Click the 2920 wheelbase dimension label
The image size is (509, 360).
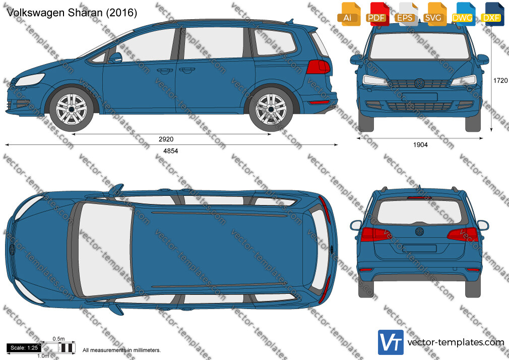[x=166, y=139]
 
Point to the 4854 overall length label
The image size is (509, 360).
[x=170, y=151]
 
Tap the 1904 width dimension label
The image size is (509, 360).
[x=420, y=145]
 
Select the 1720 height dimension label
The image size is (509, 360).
[x=500, y=80]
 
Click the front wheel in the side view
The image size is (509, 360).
[x=72, y=109]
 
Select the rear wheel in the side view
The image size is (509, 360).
[x=271, y=109]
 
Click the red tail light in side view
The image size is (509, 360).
[x=318, y=67]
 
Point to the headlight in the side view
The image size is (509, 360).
[x=30, y=79]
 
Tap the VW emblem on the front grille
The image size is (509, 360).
[x=419, y=83]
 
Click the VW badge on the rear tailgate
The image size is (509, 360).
[x=419, y=231]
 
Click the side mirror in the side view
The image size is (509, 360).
[x=115, y=57]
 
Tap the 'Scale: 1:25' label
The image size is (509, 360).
[x=24, y=348]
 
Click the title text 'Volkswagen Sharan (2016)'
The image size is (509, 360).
[x=72, y=13]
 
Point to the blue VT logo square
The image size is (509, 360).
[x=391, y=342]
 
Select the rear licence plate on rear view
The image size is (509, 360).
[x=419, y=249]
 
